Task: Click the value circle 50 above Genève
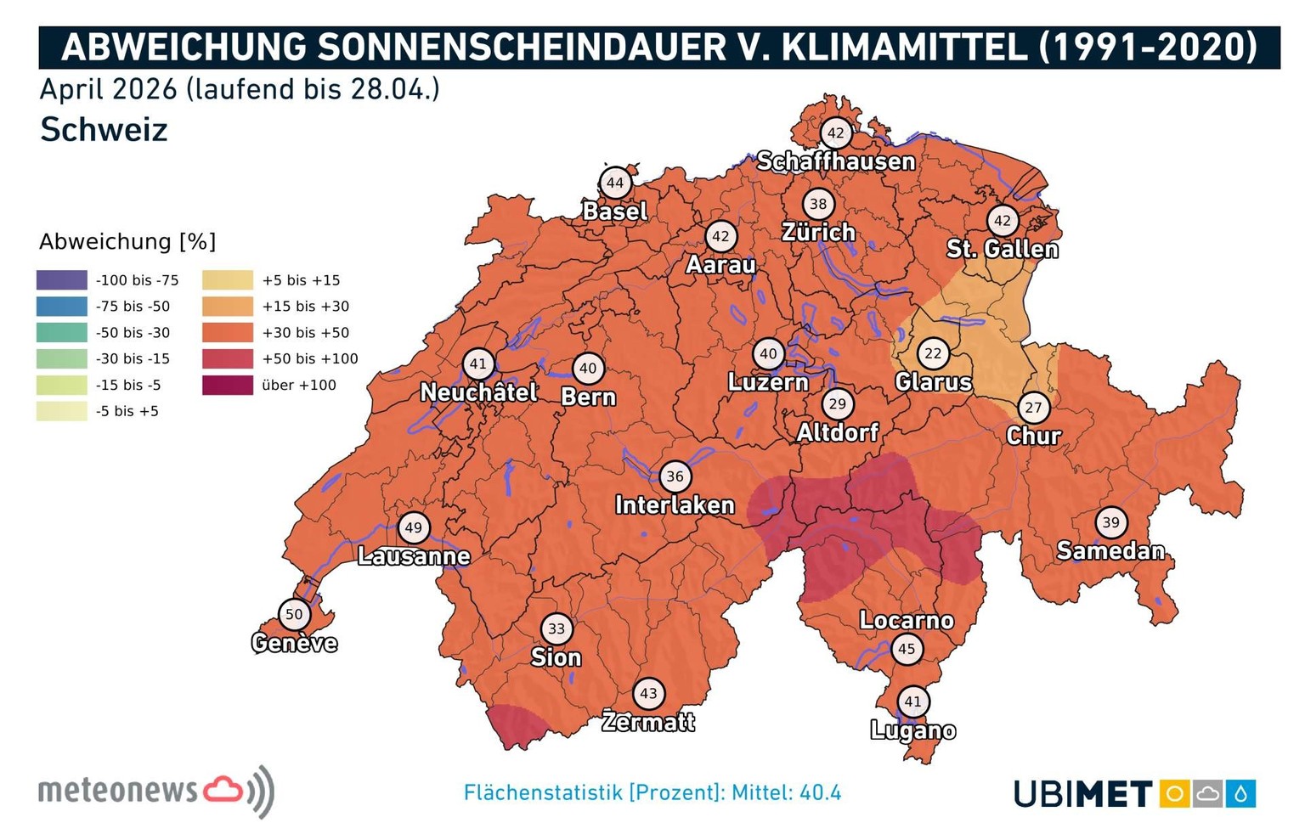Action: (x=294, y=614)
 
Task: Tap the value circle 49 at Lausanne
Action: (x=413, y=527)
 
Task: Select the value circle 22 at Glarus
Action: (x=933, y=353)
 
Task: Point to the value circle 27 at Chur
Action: (x=1033, y=407)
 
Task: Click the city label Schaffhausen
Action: (x=836, y=161)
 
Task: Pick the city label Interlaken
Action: (x=675, y=505)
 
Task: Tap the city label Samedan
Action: (x=1110, y=551)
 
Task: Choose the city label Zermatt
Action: (x=648, y=722)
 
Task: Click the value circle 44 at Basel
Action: (x=615, y=183)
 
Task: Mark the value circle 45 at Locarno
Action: (x=907, y=649)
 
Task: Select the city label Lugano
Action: (x=913, y=730)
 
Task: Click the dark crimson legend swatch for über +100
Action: (x=228, y=385)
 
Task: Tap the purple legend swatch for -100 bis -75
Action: (x=62, y=280)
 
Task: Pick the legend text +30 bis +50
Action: (x=305, y=333)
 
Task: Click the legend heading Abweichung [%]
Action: (x=127, y=242)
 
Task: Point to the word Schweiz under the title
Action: (x=104, y=130)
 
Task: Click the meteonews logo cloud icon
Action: (x=223, y=790)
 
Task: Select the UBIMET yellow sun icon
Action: (x=1175, y=794)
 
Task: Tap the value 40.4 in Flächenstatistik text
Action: (x=820, y=793)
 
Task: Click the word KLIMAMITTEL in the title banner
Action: (x=904, y=48)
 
